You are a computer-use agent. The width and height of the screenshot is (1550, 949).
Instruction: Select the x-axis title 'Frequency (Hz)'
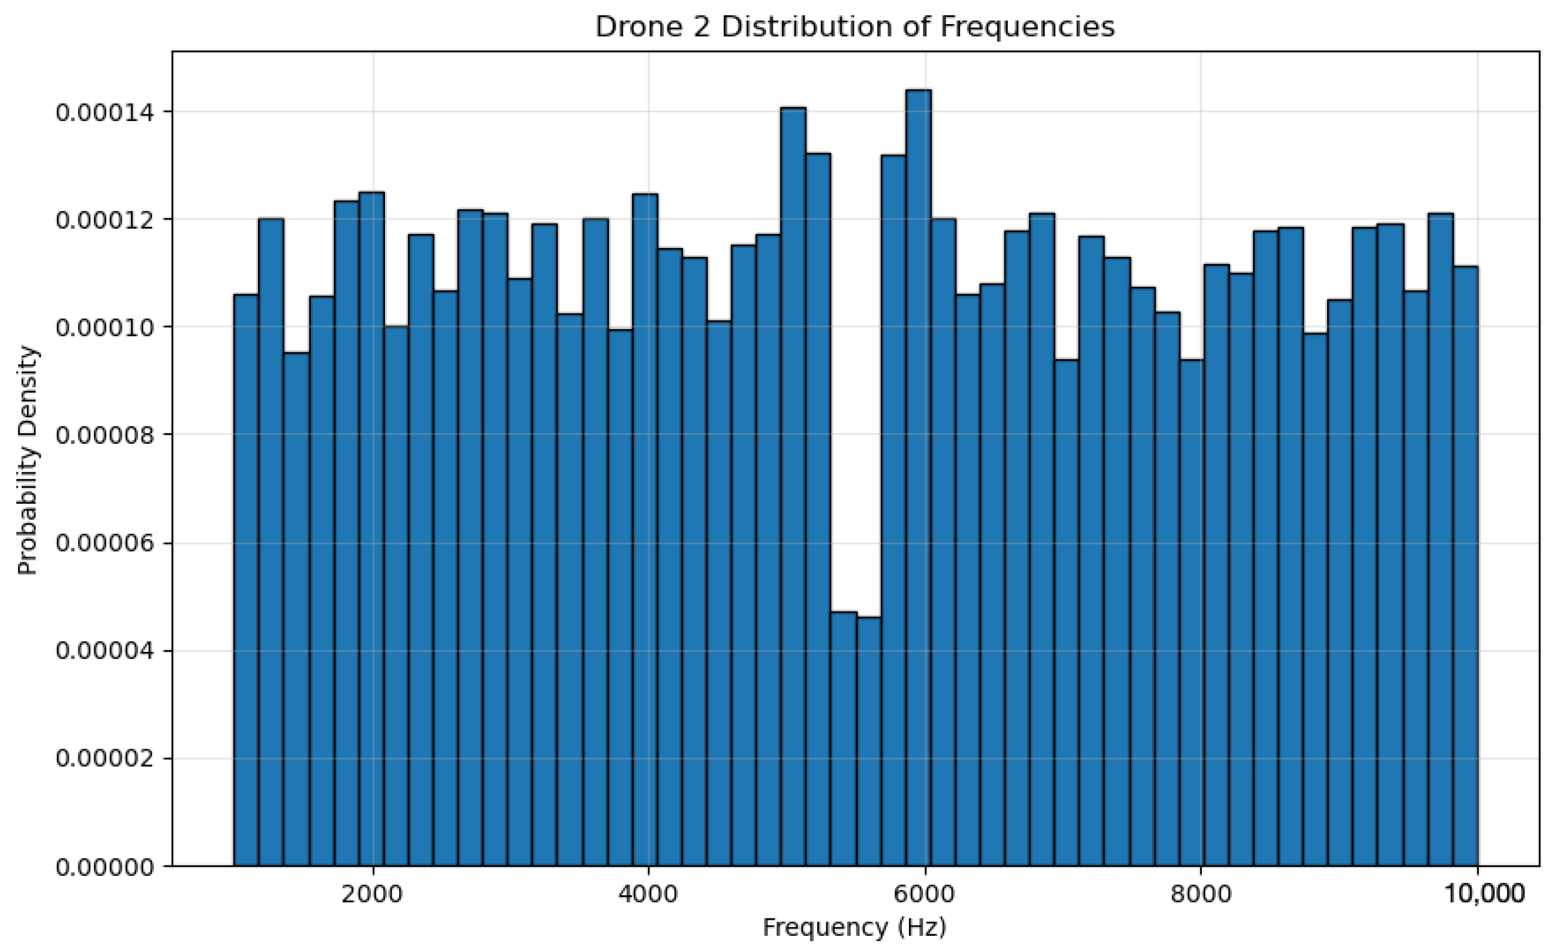[854, 927]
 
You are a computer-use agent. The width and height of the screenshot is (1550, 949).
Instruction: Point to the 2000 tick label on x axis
[372, 893]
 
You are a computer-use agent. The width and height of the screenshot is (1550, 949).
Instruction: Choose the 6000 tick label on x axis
[924, 893]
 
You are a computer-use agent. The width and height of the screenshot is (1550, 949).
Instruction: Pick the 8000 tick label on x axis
[1200, 893]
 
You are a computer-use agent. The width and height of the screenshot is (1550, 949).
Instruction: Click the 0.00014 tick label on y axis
[105, 112]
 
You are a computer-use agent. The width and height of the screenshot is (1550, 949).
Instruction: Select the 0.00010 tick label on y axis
[105, 328]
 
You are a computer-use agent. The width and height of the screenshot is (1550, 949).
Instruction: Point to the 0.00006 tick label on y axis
[105, 543]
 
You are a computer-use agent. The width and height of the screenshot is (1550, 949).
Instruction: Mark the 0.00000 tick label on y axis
[105, 867]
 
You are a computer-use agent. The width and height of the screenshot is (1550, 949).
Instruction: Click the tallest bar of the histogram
[918, 478]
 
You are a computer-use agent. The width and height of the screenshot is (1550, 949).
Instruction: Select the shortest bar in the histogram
[868, 742]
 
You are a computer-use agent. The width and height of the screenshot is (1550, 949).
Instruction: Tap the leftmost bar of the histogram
[246, 579]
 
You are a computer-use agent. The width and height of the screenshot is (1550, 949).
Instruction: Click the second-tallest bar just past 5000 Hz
[793, 487]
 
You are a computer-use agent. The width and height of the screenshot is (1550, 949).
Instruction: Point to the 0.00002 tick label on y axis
[105, 759]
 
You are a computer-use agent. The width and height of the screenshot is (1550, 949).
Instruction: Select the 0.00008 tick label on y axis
[105, 435]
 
